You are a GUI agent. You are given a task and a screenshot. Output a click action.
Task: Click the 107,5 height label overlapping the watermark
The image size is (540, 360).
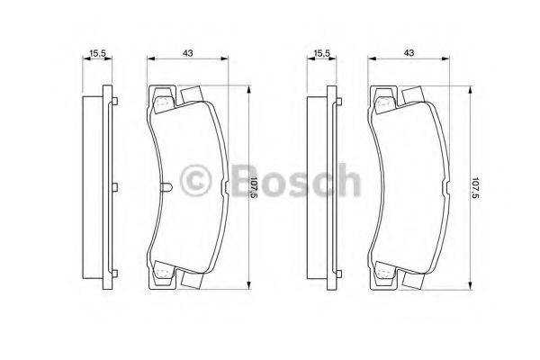coord(254,188)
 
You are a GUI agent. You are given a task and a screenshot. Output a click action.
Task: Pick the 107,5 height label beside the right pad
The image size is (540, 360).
coord(475,188)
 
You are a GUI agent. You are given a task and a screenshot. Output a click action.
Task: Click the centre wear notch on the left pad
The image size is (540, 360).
coord(169,187)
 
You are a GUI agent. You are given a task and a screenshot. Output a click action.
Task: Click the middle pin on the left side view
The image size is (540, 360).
coord(114,187)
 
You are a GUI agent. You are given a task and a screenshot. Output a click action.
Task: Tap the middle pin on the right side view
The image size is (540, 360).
coord(337,187)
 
